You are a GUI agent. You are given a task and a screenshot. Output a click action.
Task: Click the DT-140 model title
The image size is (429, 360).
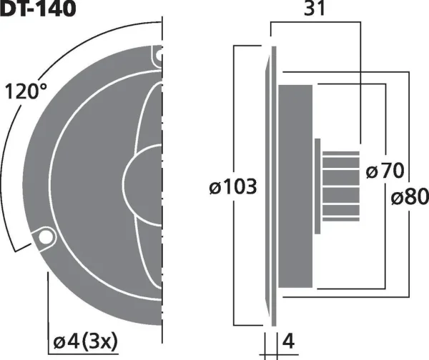point(38,8)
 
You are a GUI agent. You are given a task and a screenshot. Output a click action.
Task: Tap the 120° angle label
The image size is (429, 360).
point(26,91)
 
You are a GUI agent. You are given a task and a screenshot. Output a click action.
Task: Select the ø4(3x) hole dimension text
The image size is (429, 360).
point(85,341)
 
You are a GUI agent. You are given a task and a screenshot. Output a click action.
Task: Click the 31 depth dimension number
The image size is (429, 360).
point(315,9)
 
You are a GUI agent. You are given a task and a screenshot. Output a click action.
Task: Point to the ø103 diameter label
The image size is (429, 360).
point(233,186)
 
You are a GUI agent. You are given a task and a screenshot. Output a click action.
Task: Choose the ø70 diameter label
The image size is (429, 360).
point(385,170)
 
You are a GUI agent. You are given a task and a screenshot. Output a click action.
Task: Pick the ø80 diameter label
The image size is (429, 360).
point(410,196)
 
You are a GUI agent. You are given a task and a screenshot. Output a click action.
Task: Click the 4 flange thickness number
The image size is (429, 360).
point(288,341)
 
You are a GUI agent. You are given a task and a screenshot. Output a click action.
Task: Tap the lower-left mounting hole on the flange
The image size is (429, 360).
point(45,236)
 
